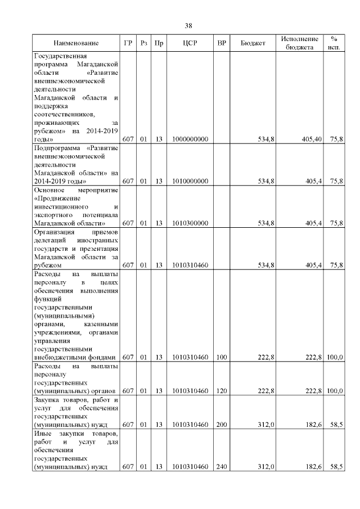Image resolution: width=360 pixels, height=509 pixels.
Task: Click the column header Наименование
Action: (x=76, y=43)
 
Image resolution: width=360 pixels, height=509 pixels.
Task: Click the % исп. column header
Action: (x=334, y=43)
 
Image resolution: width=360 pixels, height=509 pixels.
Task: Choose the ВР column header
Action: (x=222, y=43)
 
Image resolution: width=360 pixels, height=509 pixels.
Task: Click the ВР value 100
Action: (x=222, y=357)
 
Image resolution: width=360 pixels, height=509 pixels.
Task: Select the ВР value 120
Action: (x=222, y=390)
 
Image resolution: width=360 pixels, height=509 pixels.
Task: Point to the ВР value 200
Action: (x=222, y=425)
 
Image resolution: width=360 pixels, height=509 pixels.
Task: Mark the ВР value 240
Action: (x=222, y=467)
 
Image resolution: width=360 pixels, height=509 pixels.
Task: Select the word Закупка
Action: (x=48, y=399)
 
